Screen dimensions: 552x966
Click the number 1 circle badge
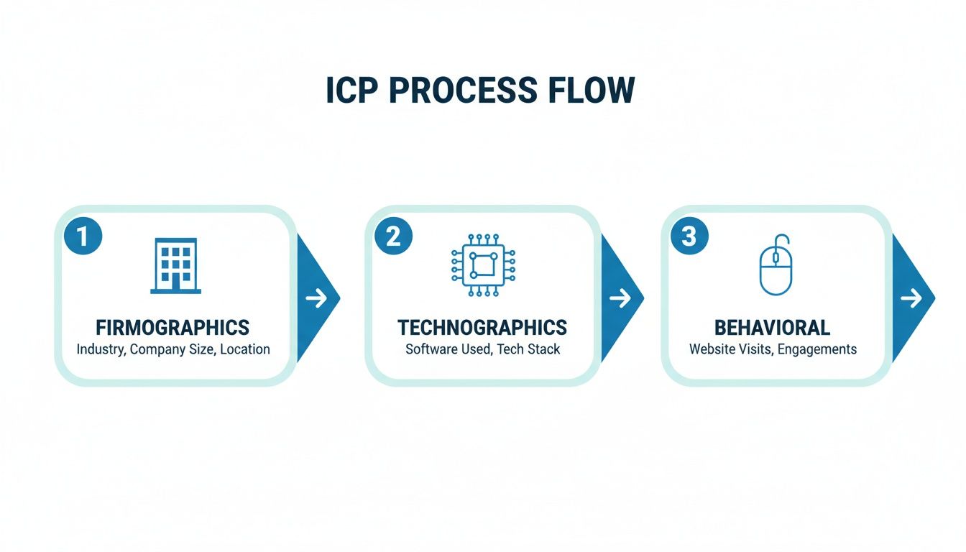point(83,236)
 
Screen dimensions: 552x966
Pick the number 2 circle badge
point(393,236)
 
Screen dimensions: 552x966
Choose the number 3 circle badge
point(689,236)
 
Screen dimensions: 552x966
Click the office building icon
point(175,266)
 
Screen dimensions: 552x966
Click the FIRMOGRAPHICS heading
point(172,328)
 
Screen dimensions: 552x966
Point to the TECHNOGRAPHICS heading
point(482,328)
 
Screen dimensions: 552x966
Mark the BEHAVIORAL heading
point(773,328)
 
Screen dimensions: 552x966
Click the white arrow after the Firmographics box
point(316,298)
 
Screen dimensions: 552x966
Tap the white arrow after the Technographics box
point(620,298)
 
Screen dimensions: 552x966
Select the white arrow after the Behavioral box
point(911,298)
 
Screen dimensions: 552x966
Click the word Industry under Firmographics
point(100,349)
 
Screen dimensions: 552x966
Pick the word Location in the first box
point(245,349)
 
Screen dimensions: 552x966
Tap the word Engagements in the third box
point(816,349)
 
